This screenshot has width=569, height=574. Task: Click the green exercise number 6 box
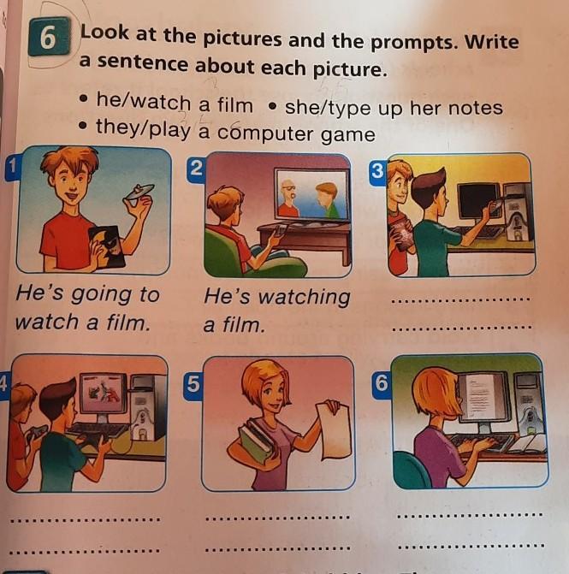(x=49, y=37)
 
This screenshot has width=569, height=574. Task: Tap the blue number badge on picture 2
(x=196, y=169)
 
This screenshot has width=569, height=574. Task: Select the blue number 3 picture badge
(x=377, y=171)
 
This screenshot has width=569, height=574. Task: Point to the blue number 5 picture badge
(x=193, y=385)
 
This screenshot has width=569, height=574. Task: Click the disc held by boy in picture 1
(x=139, y=192)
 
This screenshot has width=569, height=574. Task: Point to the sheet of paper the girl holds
(x=334, y=430)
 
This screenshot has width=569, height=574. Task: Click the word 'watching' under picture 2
(x=304, y=297)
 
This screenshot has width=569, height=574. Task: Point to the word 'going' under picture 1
(x=101, y=294)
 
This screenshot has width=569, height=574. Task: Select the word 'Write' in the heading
(x=492, y=41)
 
